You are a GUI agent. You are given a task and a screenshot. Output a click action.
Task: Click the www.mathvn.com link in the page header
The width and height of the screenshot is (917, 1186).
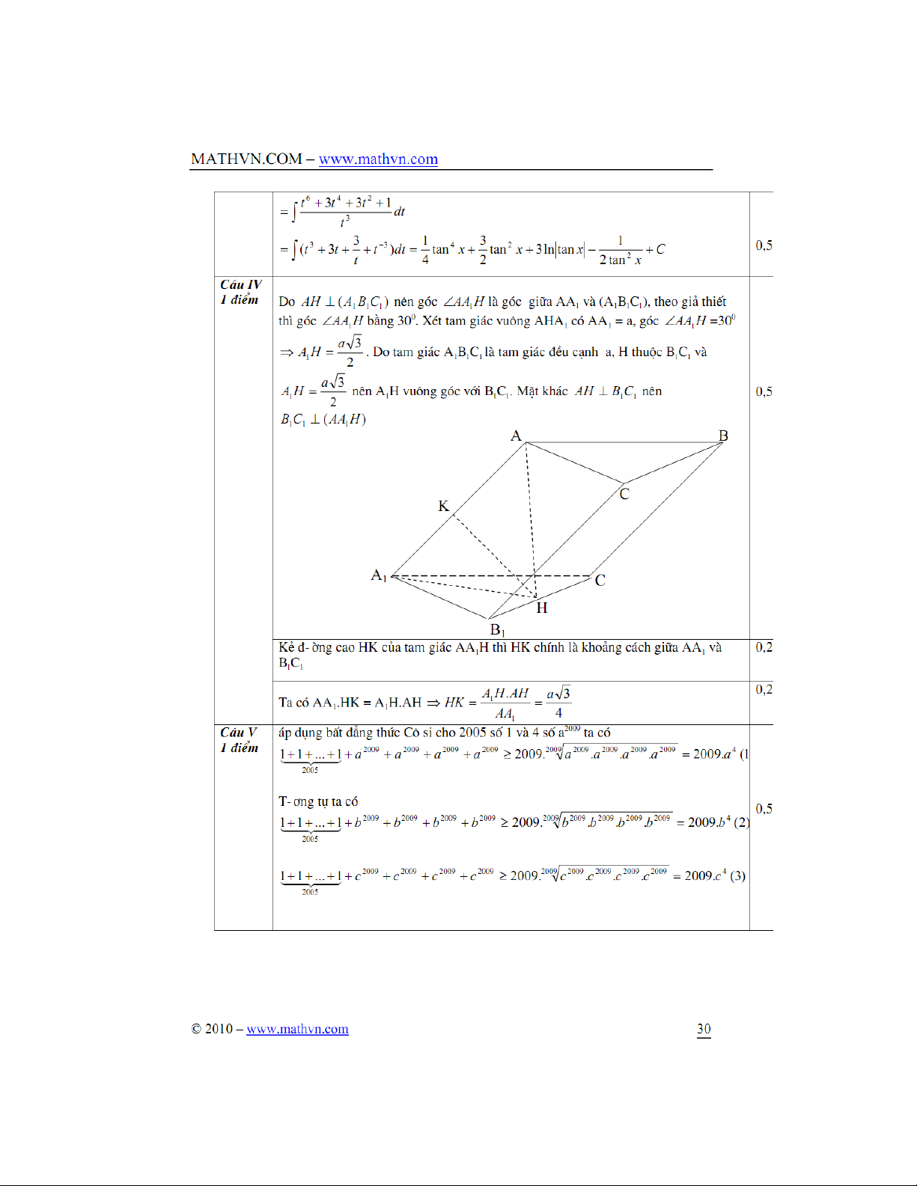378,159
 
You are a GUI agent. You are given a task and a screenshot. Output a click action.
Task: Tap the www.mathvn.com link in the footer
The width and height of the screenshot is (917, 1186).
297,1029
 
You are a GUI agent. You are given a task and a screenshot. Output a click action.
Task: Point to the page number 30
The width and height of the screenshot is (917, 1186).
704,1029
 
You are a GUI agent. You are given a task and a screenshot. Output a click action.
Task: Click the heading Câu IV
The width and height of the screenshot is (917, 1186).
241,285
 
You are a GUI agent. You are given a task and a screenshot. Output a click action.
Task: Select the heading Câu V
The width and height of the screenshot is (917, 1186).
239,733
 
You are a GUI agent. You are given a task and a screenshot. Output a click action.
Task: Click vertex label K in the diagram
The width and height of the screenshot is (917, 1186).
443,507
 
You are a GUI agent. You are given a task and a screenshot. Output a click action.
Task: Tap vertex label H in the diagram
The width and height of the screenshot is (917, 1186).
542,608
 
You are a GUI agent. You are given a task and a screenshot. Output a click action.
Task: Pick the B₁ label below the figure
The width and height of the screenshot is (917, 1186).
497,630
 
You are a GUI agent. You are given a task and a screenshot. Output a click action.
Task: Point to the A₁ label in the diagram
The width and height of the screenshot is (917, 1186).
379,575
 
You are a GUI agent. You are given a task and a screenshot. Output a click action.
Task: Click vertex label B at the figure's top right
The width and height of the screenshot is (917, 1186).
723,435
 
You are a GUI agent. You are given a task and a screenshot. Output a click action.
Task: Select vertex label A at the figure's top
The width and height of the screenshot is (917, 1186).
516,435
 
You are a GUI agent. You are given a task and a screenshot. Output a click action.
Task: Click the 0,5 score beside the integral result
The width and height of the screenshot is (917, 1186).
764,245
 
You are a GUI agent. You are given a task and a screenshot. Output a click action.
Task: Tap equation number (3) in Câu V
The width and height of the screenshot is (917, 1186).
737,875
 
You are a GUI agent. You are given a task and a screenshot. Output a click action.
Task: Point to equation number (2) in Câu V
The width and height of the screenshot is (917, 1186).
740,822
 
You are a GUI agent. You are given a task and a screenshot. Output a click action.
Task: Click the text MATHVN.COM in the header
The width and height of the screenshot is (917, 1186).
246,159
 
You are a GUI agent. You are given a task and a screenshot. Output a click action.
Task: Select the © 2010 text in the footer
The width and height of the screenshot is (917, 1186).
212,1029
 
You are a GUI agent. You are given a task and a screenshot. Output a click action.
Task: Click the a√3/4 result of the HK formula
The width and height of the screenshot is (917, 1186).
558,703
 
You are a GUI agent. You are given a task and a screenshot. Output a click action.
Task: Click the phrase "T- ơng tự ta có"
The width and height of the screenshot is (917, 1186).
318,801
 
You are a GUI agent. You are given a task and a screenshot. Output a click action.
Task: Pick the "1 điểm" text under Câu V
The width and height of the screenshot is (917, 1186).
239,748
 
